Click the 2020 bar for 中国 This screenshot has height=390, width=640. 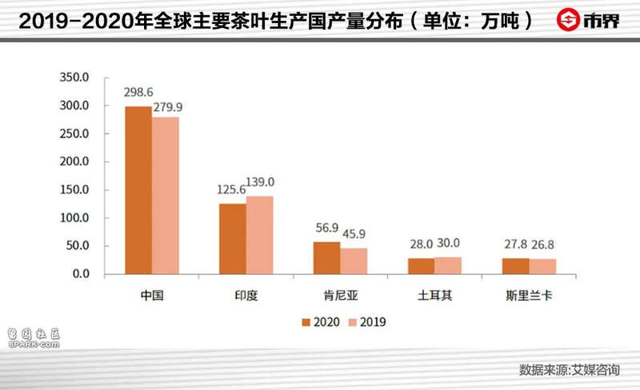click(138, 190)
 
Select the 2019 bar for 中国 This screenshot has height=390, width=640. click(165, 196)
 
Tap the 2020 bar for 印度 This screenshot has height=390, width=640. click(233, 239)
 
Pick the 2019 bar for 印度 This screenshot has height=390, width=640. click(259, 235)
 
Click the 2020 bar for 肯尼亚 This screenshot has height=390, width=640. click(327, 258)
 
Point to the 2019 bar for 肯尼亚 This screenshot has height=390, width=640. click(354, 261)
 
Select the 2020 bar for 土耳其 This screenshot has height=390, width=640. click(422, 266)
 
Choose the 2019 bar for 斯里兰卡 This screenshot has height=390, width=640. click(542, 267)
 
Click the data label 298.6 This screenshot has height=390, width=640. click(138, 93)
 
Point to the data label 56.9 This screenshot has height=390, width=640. click(327, 228)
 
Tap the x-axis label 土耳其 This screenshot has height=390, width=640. click(434, 294)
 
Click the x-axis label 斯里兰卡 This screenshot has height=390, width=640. click(529, 294)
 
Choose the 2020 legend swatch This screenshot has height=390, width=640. click(306, 323)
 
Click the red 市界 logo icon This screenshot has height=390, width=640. click(570, 19)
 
